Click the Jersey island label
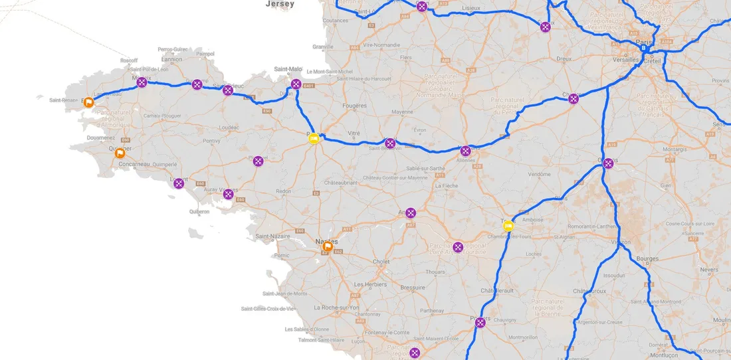[279, 3]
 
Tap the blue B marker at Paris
[643, 48]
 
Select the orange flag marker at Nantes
[327, 246]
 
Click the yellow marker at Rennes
[314, 138]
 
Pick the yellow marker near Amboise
[508, 226]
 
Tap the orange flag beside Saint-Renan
[88, 102]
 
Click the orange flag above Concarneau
[120, 153]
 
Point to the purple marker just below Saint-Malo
[296, 84]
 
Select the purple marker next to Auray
[229, 194]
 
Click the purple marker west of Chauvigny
[480, 323]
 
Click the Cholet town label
[381, 262]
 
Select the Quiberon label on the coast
[199, 212]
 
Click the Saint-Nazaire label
[270, 236]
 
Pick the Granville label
[323, 47]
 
